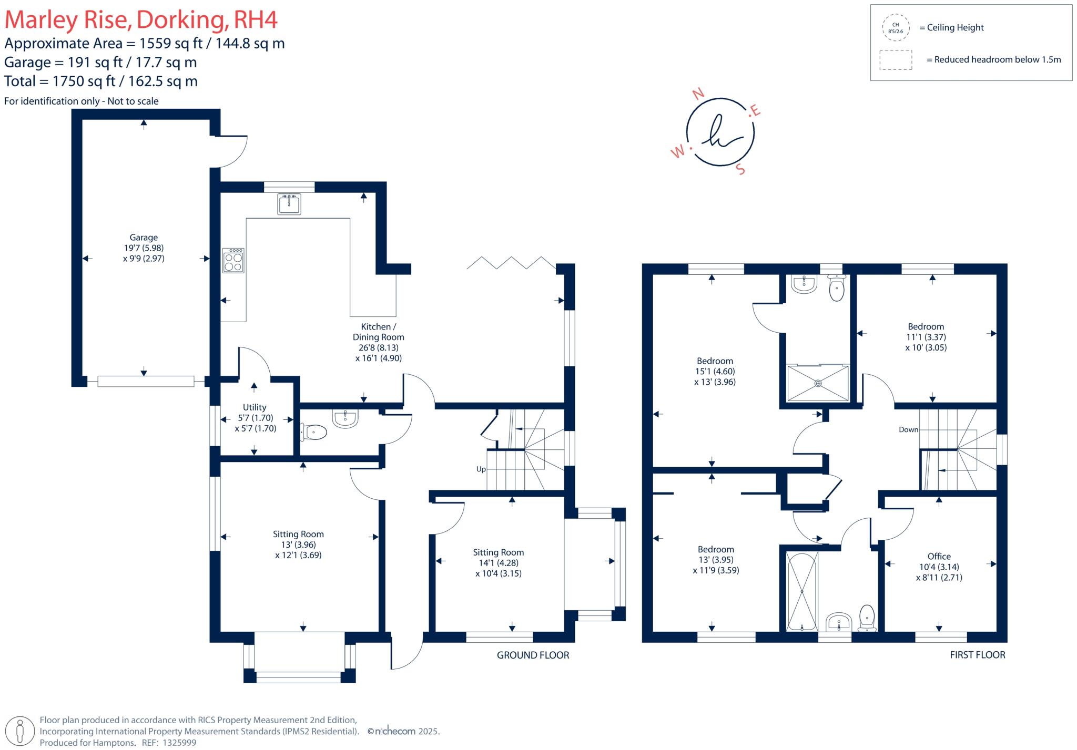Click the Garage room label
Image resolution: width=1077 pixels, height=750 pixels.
[144, 238]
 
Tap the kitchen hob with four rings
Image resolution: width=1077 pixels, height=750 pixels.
[233, 261]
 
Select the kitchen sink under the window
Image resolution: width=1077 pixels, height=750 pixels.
[289, 204]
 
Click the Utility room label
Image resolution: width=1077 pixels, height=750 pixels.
[255, 407]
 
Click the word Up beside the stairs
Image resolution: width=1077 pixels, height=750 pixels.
[481, 469]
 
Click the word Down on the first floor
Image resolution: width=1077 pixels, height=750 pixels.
[908, 429]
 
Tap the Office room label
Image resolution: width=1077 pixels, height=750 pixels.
[939, 556]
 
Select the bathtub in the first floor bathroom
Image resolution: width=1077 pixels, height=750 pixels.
[802, 591]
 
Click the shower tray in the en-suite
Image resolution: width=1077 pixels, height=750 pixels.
[818, 383]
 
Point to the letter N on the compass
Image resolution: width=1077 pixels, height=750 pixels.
[698, 94]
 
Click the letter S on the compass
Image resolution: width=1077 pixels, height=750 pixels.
[740, 169]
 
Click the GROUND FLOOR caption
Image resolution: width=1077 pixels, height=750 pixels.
[533, 655]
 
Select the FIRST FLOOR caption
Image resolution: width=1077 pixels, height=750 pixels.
[977, 655]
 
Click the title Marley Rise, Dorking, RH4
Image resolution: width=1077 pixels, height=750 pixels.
[141, 19]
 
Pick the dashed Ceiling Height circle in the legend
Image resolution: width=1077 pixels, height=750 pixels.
[896, 28]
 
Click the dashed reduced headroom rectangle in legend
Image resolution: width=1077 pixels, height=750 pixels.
[896, 60]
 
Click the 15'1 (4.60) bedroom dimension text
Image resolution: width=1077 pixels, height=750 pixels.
[715, 372]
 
